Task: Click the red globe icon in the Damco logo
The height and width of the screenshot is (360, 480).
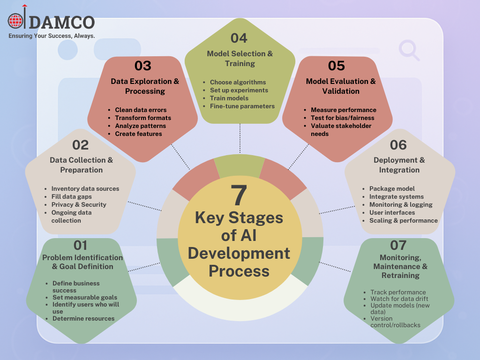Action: pos(15,22)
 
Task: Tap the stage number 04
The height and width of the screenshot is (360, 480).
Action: pos(239,38)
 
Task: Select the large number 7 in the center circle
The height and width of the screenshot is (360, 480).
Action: pos(239,195)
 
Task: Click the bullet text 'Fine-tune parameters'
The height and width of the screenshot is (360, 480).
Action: pos(242,106)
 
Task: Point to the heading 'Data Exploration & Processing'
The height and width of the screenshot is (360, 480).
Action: pos(145,86)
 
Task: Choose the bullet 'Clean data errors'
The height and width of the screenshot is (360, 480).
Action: pos(141,110)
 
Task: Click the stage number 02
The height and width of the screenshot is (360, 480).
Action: pos(81,145)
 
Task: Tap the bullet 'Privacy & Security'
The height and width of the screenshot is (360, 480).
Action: pos(79,204)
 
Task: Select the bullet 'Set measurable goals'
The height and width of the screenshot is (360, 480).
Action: pos(85,297)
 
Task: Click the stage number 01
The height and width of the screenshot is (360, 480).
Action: pos(81,245)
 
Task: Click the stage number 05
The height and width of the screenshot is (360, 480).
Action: pos(336,66)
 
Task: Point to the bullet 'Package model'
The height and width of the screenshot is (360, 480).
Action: pos(392,188)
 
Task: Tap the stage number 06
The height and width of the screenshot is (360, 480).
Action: pos(398,145)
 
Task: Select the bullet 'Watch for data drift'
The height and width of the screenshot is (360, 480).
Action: pos(399,299)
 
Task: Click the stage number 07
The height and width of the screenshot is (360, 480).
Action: pos(398,245)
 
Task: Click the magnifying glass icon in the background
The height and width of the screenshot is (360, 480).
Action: pos(409,50)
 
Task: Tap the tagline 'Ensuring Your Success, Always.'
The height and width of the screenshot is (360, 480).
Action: pos(52,36)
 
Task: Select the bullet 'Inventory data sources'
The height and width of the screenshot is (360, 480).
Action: pos(85,188)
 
